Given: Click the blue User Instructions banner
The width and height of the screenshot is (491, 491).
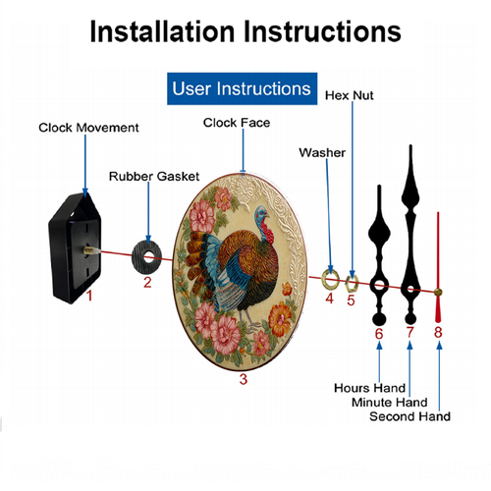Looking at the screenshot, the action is (242, 88).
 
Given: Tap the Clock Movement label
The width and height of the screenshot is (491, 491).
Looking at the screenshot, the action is (88, 128).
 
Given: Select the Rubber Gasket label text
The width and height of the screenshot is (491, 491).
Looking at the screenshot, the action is (154, 176).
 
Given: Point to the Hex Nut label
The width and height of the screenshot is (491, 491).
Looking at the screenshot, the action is (350, 95).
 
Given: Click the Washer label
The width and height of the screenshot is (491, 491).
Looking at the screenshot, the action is (322, 152).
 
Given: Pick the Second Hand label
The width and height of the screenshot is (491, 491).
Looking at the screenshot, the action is (409, 416).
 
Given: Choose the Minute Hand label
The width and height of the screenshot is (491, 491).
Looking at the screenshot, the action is (390, 402).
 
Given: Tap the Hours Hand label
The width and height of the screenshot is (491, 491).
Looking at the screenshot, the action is (370, 388).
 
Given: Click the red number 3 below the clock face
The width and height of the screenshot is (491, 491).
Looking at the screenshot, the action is (244, 379).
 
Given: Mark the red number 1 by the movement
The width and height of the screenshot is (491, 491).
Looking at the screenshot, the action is (89, 296).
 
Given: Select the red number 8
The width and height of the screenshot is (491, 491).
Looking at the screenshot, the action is (438, 332).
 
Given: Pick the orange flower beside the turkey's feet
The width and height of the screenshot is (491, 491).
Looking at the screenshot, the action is (280, 318).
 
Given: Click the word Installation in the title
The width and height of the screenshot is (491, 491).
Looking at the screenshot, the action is (162, 31).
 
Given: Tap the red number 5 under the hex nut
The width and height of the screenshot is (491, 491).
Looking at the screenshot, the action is (351, 300).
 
